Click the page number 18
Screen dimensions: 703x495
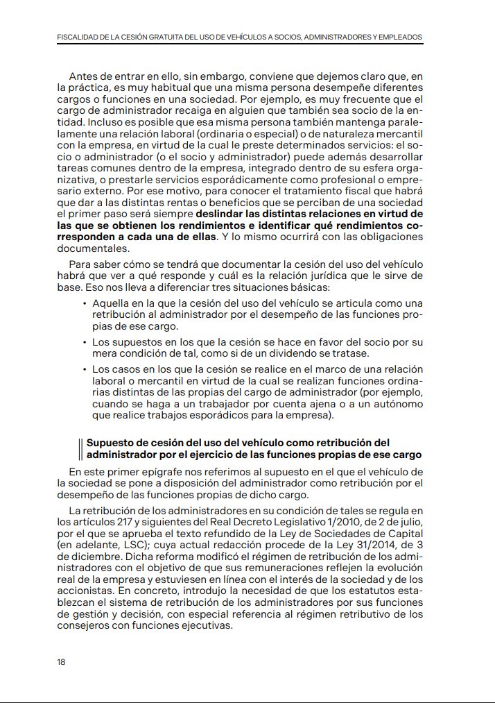pyautogui.click(x=61, y=661)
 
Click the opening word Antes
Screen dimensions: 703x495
pyautogui.click(x=82, y=75)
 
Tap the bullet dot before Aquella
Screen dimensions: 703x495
pyautogui.click(x=85, y=304)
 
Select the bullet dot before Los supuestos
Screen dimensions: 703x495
pyautogui.click(x=85, y=342)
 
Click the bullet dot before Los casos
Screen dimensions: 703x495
pyautogui.click(x=85, y=369)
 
